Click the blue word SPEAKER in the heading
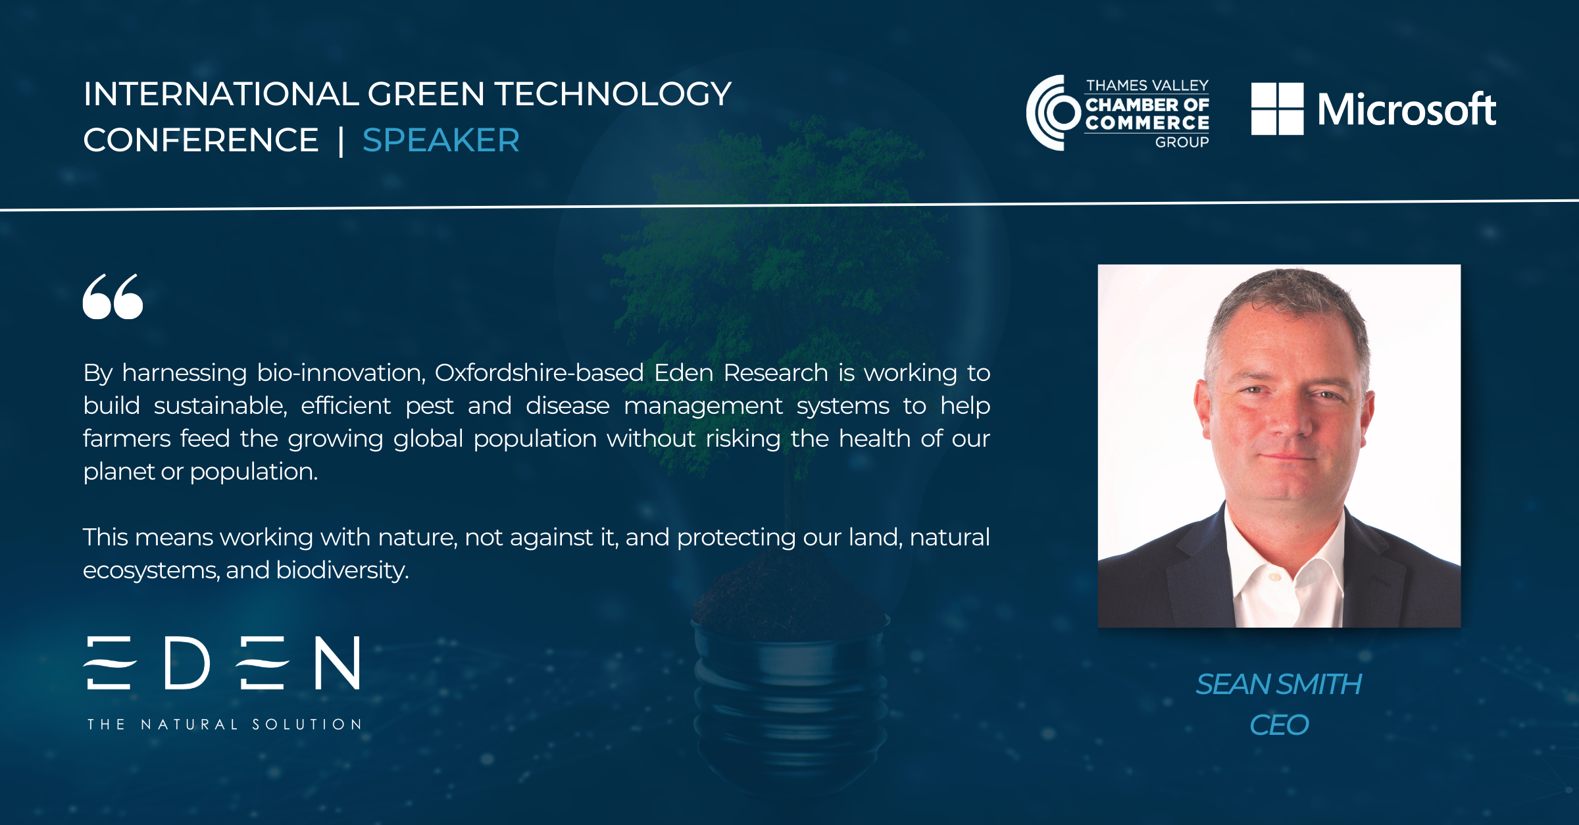(x=441, y=140)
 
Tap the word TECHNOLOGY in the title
(x=613, y=94)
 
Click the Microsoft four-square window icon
(x=1277, y=109)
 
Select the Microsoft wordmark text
(x=1407, y=109)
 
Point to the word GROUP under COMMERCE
(x=1182, y=142)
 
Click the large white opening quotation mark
(x=113, y=297)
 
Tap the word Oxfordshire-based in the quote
(x=539, y=373)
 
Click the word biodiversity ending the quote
(x=342, y=570)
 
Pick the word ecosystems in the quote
(x=151, y=570)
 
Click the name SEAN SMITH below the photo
(x=1279, y=684)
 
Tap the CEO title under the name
(x=1279, y=725)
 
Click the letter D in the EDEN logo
(x=188, y=662)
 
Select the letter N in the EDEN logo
(x=338, y=662)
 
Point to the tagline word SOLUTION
(x=307, y=724)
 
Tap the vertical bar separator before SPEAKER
(x=341, y=141)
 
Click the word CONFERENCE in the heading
(x=201, y=140)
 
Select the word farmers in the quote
(x=127, y=439)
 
